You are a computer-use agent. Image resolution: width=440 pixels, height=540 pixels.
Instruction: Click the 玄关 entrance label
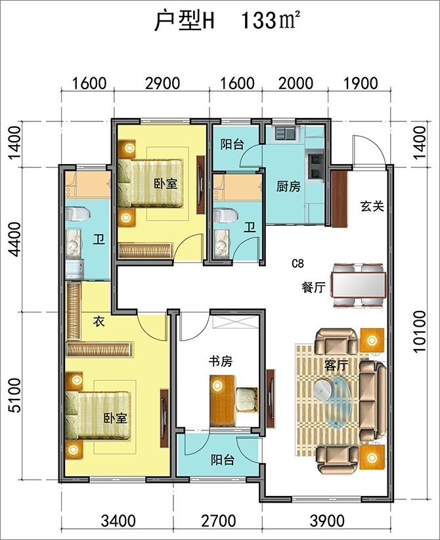[372, 206]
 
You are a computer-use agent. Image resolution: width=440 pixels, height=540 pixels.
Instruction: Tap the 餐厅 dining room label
[313, 287]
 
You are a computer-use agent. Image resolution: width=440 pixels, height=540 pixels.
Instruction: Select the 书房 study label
[221, 362]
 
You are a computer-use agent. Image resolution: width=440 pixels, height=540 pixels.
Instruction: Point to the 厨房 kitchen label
[288, 186]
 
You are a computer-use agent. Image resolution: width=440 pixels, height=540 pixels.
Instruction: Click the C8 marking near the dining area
[297, 264]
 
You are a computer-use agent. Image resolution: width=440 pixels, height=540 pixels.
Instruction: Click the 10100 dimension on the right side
[420, 331]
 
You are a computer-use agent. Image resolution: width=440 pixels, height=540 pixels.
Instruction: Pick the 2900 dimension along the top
[162, 83]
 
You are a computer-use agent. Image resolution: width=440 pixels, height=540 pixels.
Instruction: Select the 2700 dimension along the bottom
[219, 521]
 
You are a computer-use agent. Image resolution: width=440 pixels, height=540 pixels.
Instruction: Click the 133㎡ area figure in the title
[269, 20]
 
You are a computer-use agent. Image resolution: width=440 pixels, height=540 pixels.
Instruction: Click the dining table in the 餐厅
[359, 285]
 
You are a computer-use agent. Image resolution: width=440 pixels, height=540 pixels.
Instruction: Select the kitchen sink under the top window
[284, 133]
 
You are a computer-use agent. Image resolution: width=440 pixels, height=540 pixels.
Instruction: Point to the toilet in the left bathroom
[77, 213]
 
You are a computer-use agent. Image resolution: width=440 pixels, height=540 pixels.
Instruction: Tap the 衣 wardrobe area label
[99, 322]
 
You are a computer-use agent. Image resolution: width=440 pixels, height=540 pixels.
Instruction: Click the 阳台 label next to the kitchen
[232, 144]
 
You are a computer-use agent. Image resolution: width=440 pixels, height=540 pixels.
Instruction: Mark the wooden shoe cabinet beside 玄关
[340, 199]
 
